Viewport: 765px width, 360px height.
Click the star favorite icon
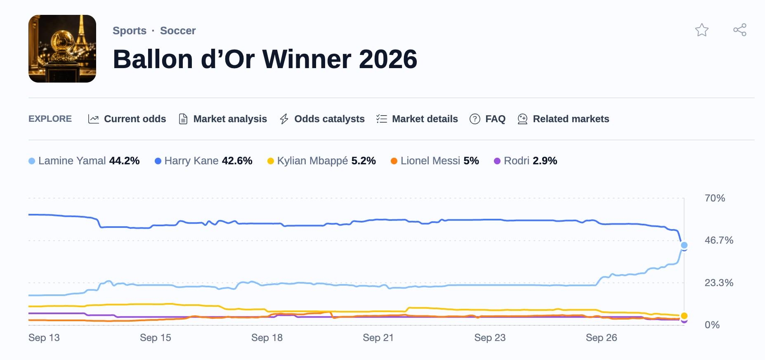701,30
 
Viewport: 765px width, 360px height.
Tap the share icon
740,30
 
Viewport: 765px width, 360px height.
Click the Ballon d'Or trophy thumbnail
62,49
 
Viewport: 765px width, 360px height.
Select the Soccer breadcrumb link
178,31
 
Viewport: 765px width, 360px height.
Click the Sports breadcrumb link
130,31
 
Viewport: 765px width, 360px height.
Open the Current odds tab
127,119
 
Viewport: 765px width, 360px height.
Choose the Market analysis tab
223,119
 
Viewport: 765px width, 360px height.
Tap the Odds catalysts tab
322,119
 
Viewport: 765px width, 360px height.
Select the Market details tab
417,119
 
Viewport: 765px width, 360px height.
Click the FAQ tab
488,119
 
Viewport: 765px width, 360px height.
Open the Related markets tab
564,119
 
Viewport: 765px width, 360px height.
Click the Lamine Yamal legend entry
84,161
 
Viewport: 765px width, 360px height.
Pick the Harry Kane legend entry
203,161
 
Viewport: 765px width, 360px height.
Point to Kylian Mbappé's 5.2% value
364,161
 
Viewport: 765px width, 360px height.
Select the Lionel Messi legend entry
435,161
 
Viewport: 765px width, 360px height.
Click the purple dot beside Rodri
497,161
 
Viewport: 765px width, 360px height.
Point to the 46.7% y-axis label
719,240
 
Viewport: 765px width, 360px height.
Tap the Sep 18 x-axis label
267,338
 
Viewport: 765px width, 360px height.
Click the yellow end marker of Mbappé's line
684,316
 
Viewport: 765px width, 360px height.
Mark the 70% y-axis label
715,198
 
